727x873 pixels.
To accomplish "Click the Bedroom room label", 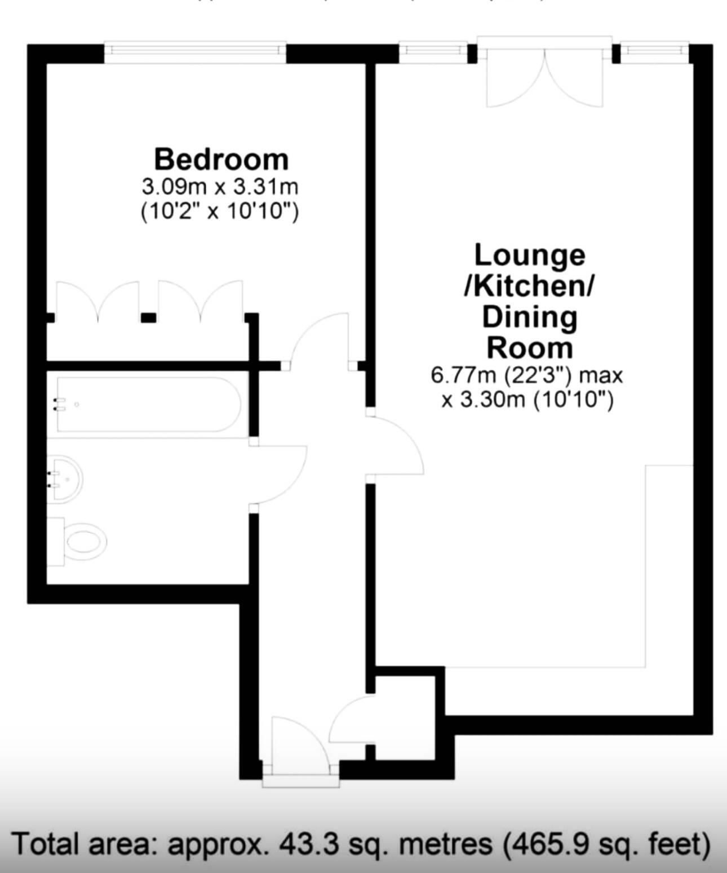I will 221,159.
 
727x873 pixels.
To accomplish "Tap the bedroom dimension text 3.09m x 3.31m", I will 219,186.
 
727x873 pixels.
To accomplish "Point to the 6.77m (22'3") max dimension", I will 527,375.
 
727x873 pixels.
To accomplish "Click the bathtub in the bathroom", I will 148,404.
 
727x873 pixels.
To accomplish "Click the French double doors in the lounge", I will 543,79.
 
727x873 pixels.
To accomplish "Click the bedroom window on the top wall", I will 195,51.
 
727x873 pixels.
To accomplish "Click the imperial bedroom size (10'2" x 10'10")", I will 219,212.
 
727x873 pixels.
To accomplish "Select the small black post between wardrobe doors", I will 148,318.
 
